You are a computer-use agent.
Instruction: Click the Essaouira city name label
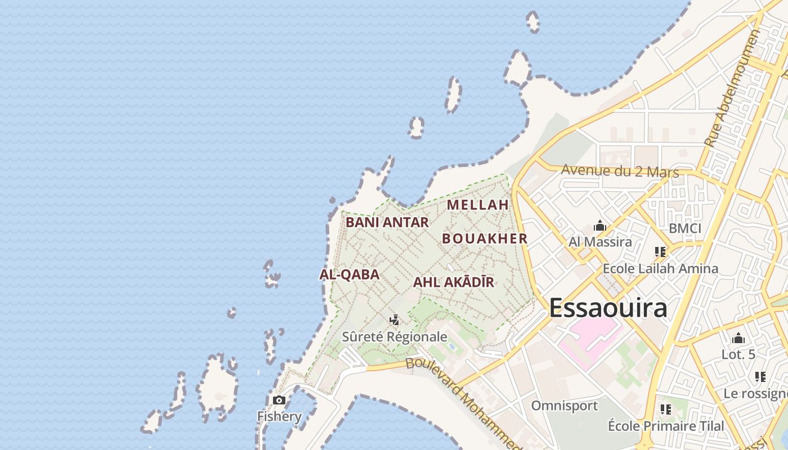click(608, 308)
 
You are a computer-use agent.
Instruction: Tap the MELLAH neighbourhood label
click(478, 205)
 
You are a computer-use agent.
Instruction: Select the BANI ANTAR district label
click(387, 222)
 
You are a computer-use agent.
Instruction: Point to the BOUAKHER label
click(485, 238)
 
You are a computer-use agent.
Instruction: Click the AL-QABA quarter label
click(350, 274)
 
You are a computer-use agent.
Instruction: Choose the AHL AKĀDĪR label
click(454, 282)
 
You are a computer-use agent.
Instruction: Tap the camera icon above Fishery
click(279, 400)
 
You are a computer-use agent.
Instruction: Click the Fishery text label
click(279, 417)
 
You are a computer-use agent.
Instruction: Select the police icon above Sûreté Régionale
click(395, 320)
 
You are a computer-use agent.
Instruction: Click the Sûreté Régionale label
click(395, 337)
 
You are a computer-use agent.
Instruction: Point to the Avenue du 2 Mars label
click(620, 171)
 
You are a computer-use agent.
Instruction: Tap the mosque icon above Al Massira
click(599, 226)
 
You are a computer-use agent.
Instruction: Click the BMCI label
click(685, 228)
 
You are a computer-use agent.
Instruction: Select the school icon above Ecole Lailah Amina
click(660, 252)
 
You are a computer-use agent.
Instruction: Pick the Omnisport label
click(565, 406)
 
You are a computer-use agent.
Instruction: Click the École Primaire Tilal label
click(666, 426)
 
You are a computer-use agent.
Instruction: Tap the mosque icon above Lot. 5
click(738, 339)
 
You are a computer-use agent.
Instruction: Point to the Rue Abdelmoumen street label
click(733, 88)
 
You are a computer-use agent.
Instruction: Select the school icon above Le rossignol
click(760, 377)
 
